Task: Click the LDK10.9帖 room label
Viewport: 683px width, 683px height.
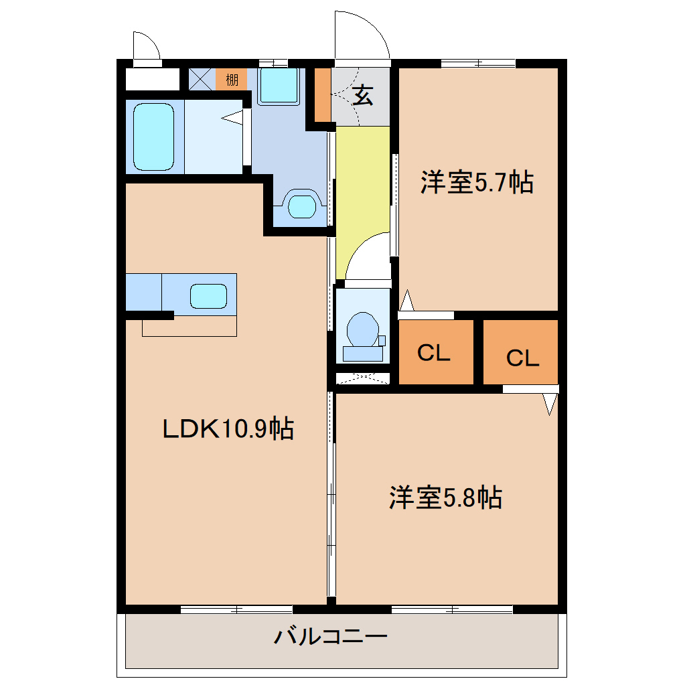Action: coord(228,429)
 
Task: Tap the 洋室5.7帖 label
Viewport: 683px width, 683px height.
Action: coord(477,182)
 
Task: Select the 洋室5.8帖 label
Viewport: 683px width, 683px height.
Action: coord(445,498)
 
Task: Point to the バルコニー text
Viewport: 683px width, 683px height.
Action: coord(331,637)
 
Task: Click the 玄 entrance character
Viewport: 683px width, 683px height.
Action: coord(363,96)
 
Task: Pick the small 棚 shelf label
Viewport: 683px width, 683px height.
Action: coord(232,80)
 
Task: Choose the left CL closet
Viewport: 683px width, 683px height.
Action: coord(436,352)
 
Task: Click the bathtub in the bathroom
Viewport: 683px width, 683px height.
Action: coord(154,137)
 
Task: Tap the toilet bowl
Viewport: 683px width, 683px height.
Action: coord(363,329)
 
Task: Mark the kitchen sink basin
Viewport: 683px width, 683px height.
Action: coord(209,296)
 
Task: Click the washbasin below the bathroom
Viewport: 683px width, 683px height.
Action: coord(302,206)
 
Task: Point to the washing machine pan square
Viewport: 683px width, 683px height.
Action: coord(279,86)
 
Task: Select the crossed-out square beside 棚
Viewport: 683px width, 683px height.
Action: coord(202,79)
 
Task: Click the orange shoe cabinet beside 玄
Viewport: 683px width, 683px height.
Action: coord(323,95)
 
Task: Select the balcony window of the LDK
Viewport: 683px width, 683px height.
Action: coord(236,609)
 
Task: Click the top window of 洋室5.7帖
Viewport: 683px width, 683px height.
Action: coord(478,64)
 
